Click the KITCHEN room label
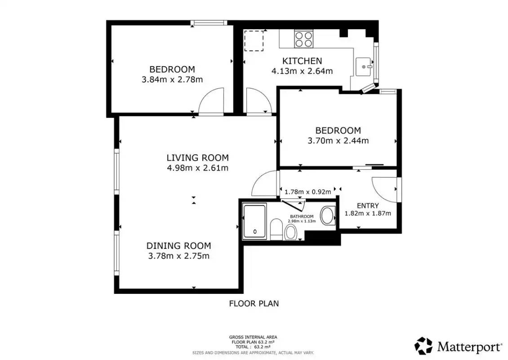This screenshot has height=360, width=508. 302,61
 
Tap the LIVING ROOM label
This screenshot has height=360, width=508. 198,158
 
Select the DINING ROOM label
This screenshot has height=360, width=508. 178,246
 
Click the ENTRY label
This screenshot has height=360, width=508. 368,206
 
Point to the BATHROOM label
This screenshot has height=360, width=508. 302,216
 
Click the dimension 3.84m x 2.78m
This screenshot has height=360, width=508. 172,80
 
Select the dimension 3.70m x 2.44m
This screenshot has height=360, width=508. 338,141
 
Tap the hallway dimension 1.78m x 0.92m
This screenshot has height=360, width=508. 308,192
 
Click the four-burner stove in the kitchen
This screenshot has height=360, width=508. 303,39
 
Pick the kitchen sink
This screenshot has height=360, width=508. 364,67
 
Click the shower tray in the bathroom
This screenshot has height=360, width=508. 254,221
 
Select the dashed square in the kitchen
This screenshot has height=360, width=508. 254,40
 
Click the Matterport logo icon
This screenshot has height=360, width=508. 423,346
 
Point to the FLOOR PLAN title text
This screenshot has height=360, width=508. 254,304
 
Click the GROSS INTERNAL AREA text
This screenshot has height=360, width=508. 253,337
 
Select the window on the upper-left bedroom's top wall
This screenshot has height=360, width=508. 209,22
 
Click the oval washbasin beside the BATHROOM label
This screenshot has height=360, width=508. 328,216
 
